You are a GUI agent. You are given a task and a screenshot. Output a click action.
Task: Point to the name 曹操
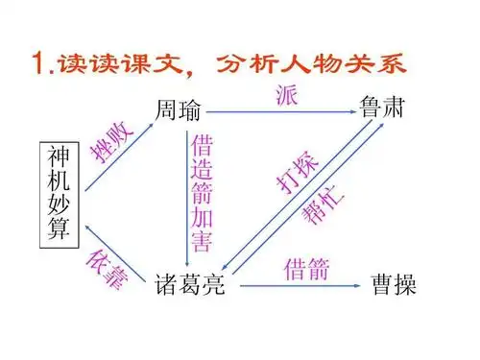click(x=395, y=285)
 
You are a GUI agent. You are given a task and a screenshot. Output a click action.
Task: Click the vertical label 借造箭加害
click(x=202, y=192)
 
